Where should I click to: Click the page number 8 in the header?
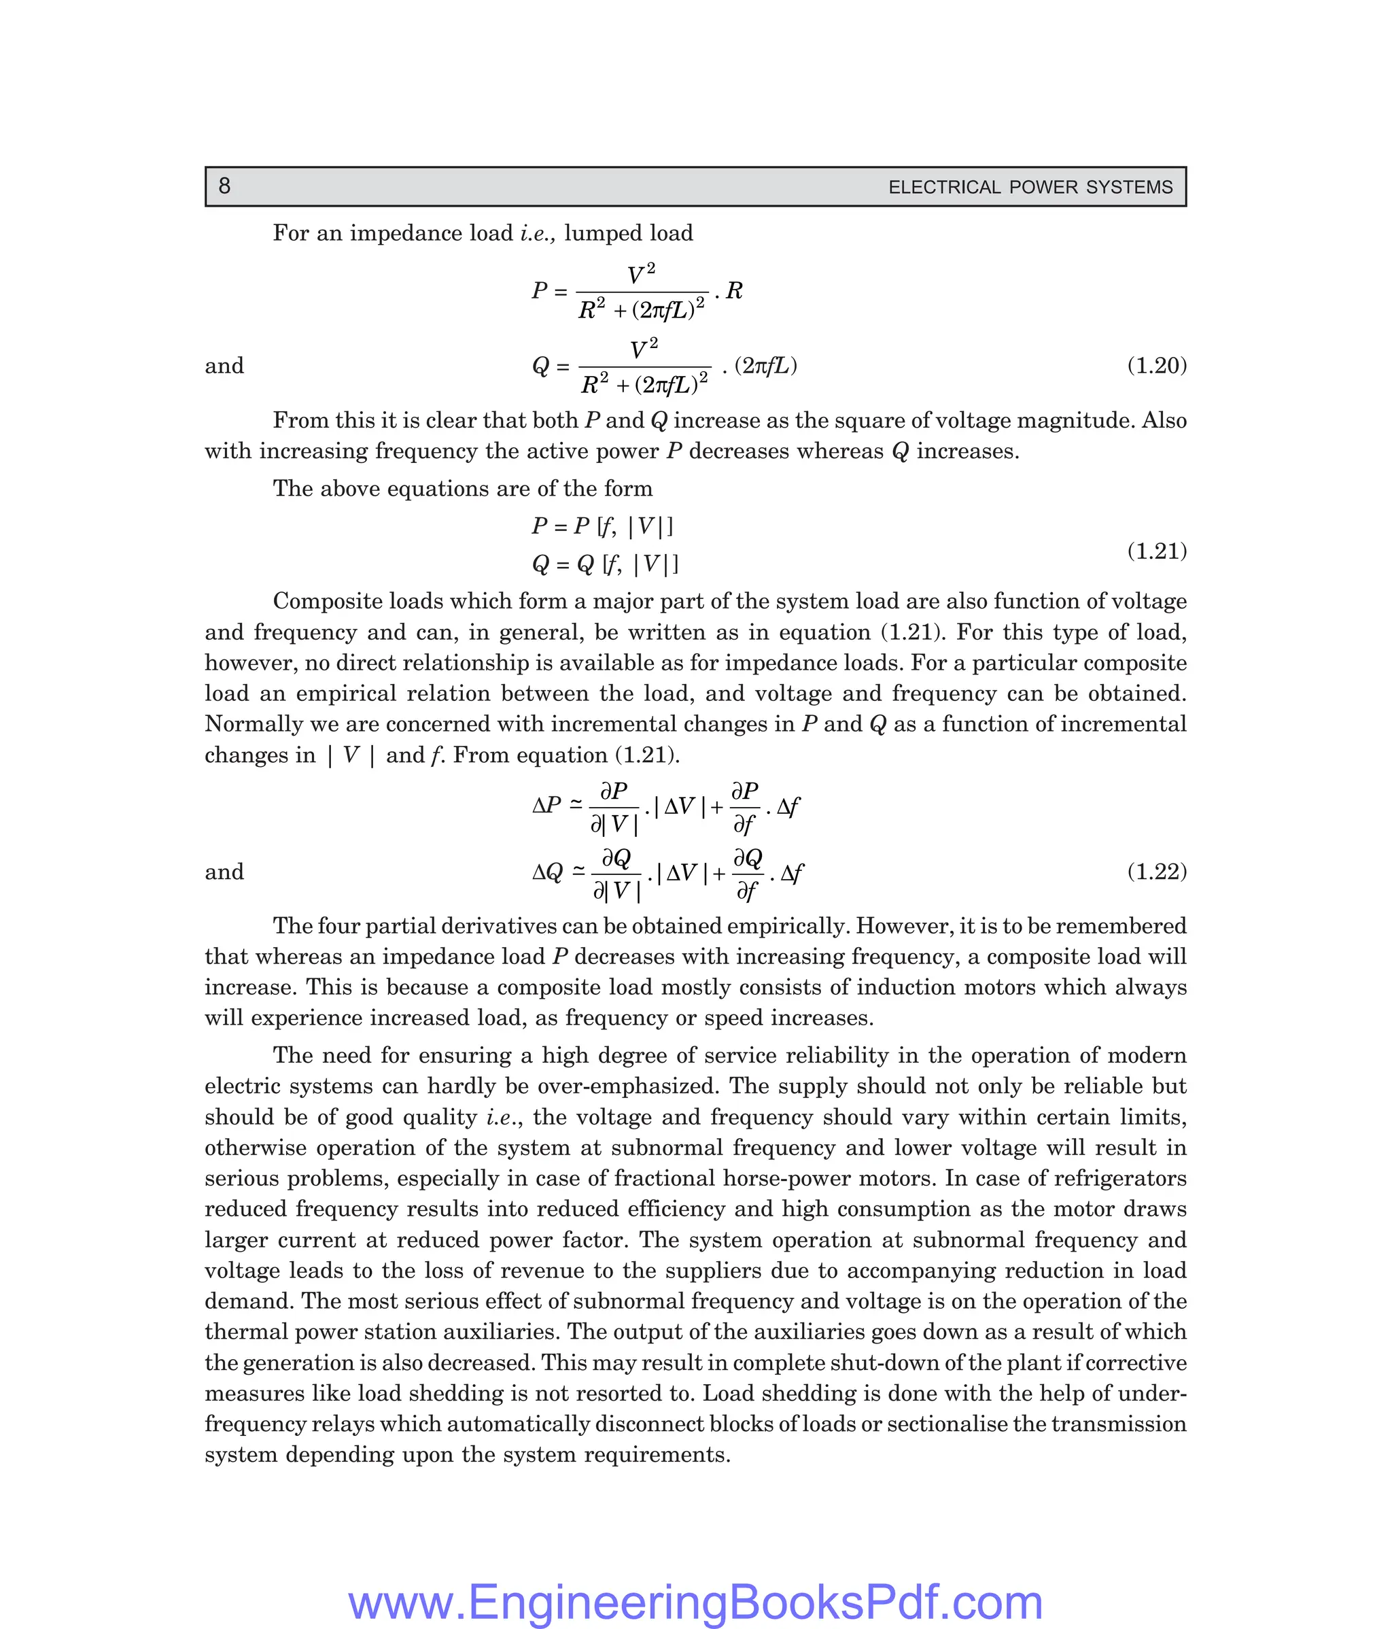224,186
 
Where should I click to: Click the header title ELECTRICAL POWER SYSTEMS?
1030,187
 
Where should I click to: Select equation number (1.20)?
1156,366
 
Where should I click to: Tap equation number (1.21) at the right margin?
1156,551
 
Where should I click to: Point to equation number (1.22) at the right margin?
1156,871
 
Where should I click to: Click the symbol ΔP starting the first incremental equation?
547,806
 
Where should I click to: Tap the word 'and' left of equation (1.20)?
224,366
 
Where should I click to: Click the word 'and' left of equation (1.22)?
224,871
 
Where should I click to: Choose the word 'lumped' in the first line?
597,233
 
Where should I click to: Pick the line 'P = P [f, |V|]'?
602,526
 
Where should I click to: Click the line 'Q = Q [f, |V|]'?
604,564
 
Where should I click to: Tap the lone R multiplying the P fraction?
734,292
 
